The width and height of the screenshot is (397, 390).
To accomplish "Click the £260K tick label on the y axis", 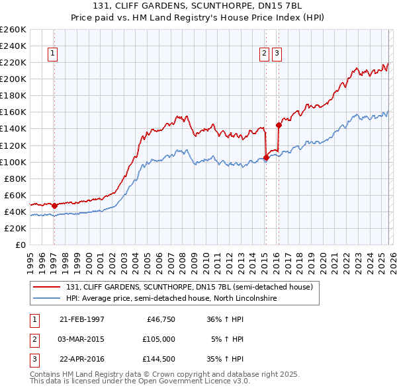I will [13, 30].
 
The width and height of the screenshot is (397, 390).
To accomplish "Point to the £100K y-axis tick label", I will [13, 162].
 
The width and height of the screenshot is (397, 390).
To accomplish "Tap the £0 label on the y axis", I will [21, 245].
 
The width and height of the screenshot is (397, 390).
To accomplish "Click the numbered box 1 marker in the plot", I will [52, 55].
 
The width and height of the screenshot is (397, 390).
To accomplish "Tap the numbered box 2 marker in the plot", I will [264, 55].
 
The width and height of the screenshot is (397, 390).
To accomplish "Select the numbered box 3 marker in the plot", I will [277, 55].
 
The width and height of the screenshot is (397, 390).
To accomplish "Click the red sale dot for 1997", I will [54, 206].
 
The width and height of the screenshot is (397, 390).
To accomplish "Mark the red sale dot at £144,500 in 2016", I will [279, 124].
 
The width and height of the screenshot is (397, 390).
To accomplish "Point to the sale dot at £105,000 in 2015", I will [265, 157].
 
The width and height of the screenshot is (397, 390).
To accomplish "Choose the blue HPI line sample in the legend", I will [47, 299].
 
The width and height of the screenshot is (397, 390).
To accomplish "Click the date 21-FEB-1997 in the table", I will [81, 319].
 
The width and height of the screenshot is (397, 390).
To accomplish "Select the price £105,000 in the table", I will [159, 339].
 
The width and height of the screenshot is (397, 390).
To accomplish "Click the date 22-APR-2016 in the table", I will [81, 359].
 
